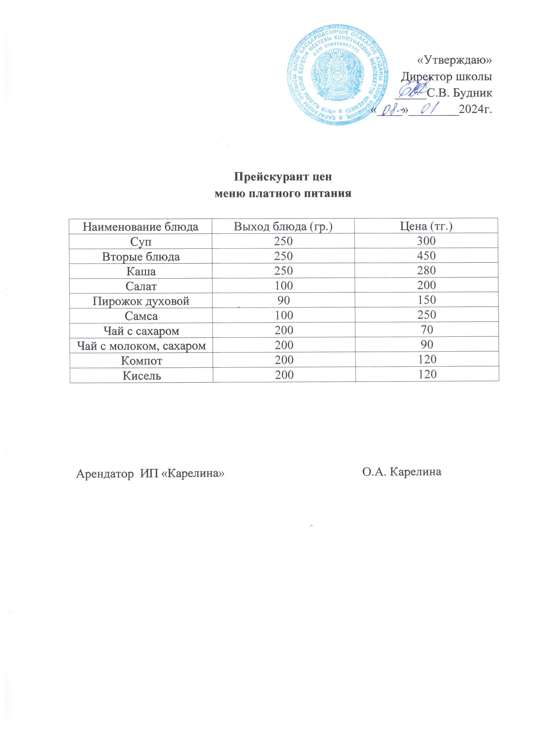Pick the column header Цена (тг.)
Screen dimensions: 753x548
(x=426, y=226)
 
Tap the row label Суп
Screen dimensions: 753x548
(x=141, y=241)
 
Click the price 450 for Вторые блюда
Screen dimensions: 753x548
(x=426, y=256)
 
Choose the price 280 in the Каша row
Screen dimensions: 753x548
(x=426, y=271)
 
